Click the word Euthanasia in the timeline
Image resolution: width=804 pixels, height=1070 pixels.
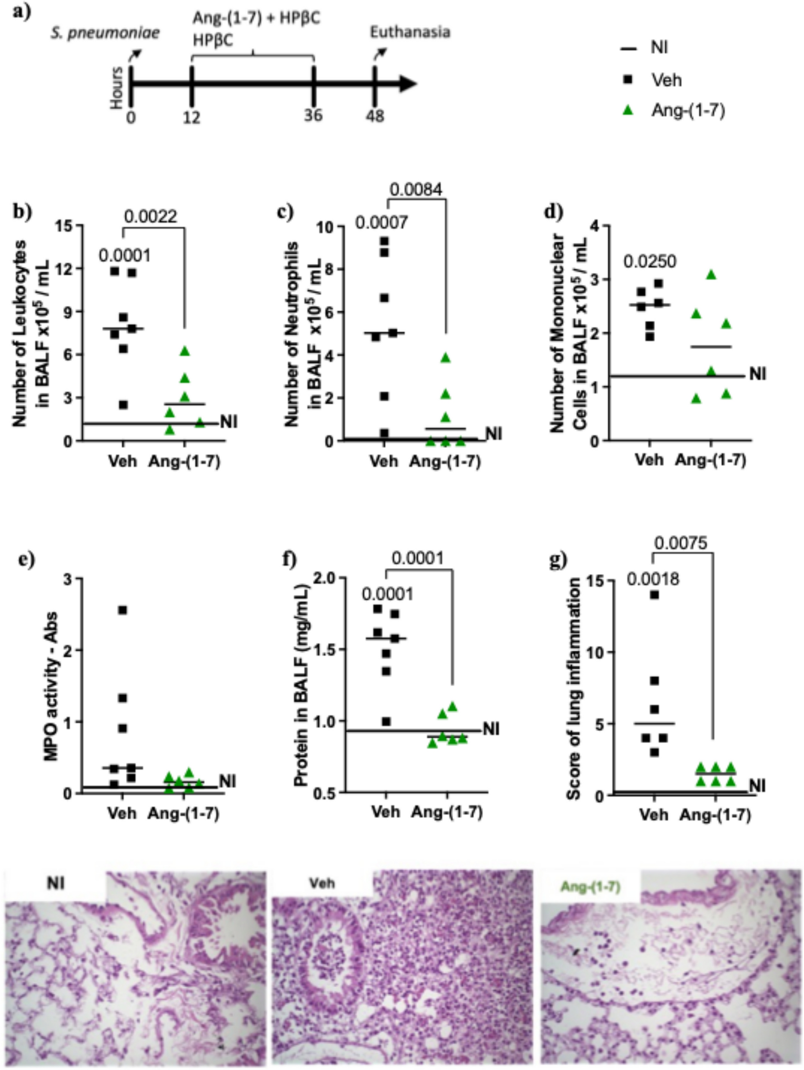(x=410, y=32)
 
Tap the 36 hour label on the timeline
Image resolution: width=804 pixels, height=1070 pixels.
(x=313, y=115)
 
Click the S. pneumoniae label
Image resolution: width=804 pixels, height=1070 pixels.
(x=105, y=34)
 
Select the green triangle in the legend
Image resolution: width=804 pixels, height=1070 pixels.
(x=628, y=111)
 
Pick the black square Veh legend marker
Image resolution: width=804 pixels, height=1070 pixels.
(x=628, y=79)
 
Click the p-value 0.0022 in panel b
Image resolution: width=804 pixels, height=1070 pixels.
(x=151, y=217)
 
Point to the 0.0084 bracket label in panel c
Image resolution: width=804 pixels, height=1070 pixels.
(x=416, y=190)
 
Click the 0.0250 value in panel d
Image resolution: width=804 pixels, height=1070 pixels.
(x=649, y=262)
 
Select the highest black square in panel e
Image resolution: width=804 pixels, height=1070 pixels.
(x=123, y=610)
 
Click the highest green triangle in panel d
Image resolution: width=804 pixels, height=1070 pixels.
(x=710, y=275)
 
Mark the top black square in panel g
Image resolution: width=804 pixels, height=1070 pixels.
(x=654, y=595)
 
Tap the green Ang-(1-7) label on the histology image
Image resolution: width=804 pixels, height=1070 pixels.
(x=590, y=887)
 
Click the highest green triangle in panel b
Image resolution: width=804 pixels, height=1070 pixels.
(x=185, y=351)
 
